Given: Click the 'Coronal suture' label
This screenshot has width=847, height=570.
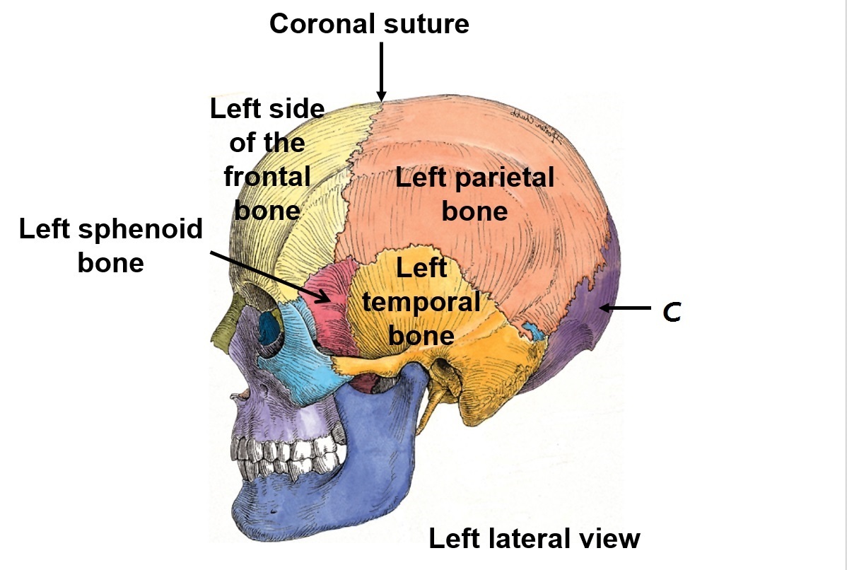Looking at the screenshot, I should point(369,24).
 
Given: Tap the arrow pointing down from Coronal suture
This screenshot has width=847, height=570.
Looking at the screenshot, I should point(382,71).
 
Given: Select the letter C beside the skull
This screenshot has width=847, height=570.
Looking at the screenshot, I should point(672,312).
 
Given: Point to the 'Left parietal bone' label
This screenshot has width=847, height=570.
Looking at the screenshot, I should point(474,194).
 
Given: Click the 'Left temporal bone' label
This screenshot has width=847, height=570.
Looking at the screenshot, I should point(421,301).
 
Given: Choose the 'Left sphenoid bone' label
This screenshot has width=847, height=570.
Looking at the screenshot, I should point(111,245).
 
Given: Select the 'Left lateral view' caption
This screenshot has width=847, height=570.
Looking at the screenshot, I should point(535,539).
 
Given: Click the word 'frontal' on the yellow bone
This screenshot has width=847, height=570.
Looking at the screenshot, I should point(267,177).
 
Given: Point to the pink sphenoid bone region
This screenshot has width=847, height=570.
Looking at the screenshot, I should point(332,311).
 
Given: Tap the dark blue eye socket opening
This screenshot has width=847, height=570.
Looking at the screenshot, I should point(269,327).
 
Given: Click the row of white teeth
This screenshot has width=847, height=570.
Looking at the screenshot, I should point(283,455).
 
